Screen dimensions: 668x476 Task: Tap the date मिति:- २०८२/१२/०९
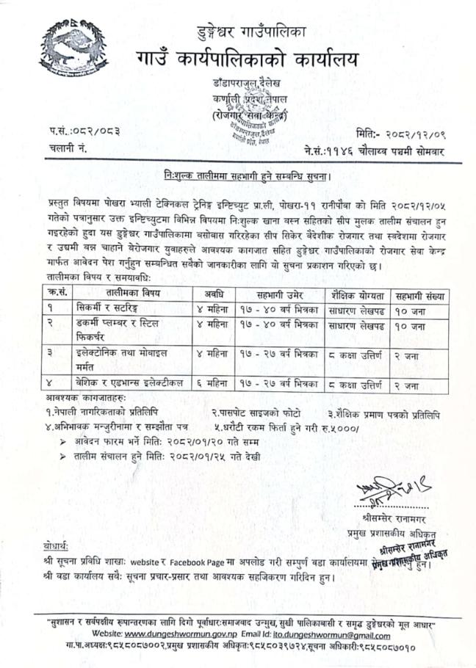tap(411, 133)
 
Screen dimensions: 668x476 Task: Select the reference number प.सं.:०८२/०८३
tap(82, 132)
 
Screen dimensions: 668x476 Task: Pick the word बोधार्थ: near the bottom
tap(57, 548)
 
